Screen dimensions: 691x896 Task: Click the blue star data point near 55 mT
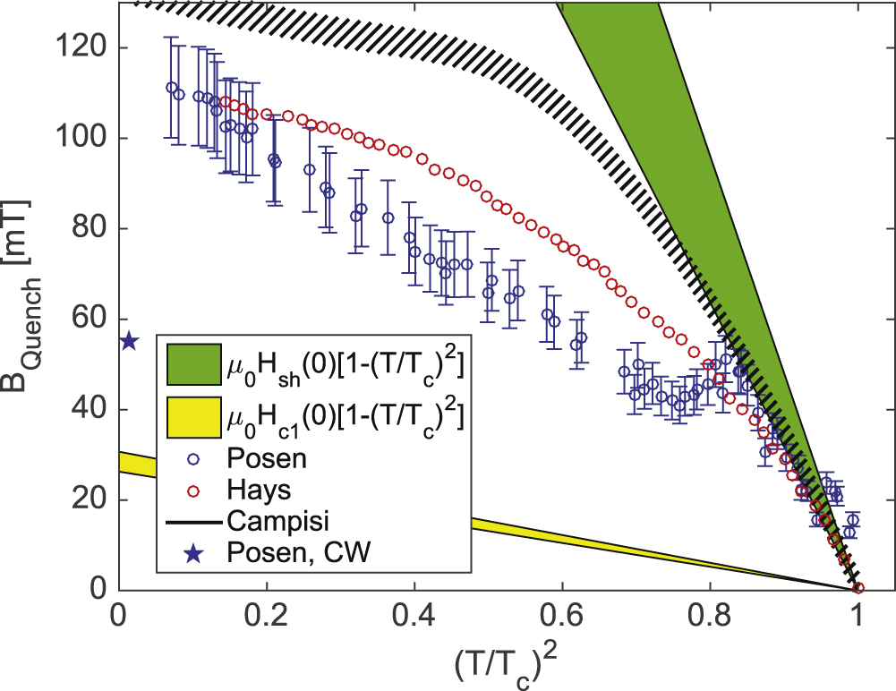tap(129, 341)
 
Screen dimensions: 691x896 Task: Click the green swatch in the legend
tap(192, 365)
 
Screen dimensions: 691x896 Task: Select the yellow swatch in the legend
tap(192, 416)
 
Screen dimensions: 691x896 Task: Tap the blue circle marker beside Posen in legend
tap(192, 458)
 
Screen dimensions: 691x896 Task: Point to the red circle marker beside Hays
tap(192, 490)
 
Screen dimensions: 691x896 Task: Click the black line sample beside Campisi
tap(192, 522)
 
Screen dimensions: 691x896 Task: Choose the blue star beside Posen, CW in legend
tap(192, 555)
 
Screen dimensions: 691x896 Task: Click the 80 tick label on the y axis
tap(92, 228)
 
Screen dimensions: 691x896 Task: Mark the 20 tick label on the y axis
tap(92, 499)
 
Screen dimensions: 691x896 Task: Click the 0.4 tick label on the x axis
tap(414, 618)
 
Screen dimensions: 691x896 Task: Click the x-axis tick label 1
tap(858, 618)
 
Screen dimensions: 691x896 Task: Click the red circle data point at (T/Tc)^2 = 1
tap(858, 588)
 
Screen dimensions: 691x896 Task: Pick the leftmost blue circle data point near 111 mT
tap(172, 88)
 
